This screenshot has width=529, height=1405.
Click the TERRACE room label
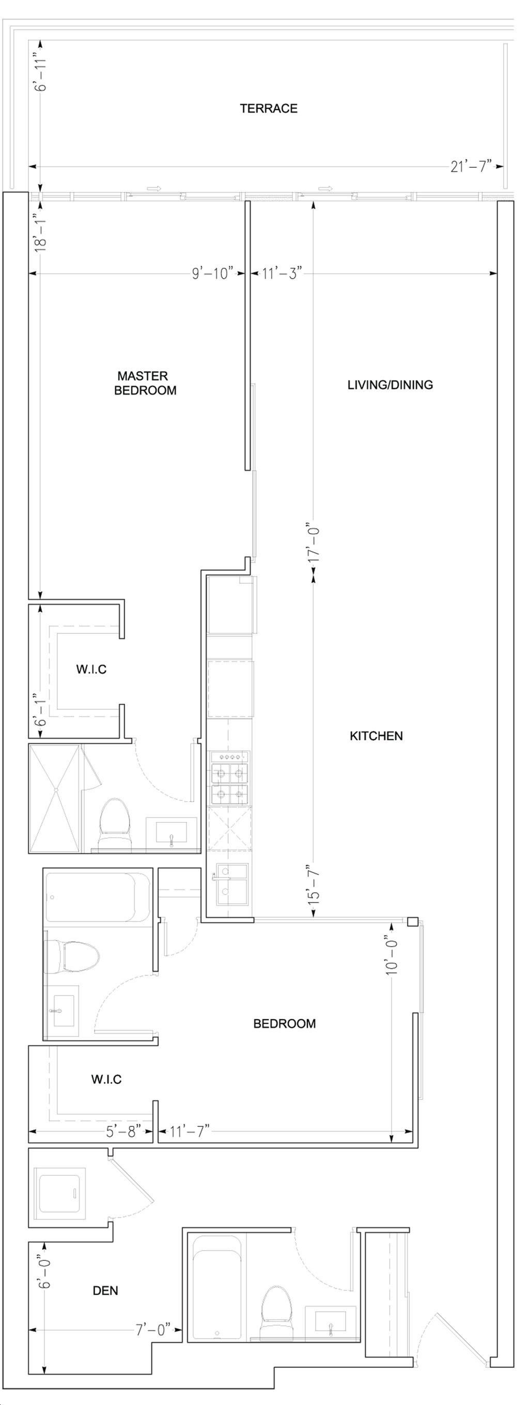[x=269, y=108]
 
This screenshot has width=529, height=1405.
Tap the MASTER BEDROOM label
[x=145, y=383]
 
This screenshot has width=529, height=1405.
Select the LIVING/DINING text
[x=391, y=385]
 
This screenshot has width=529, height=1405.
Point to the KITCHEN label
[x=376, y=736]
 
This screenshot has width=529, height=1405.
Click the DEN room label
[x=105, y=1290]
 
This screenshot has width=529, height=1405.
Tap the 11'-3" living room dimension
[x=282, y=273]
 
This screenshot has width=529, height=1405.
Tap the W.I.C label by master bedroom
[x=91, y=670]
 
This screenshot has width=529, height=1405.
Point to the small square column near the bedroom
[x=413, y=922]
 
